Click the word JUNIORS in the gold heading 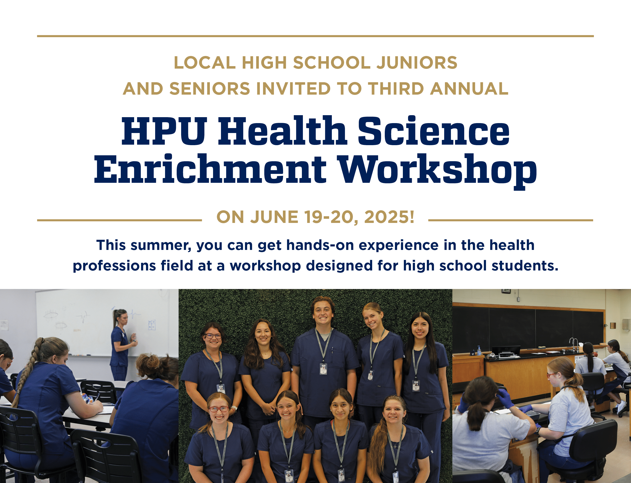click(417, 63)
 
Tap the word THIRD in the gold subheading click(396, 89)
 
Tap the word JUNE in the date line click(274, 217)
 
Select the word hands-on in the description click(320, 245)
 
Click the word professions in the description click(114, 266)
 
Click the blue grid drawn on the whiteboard click(152, 325)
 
